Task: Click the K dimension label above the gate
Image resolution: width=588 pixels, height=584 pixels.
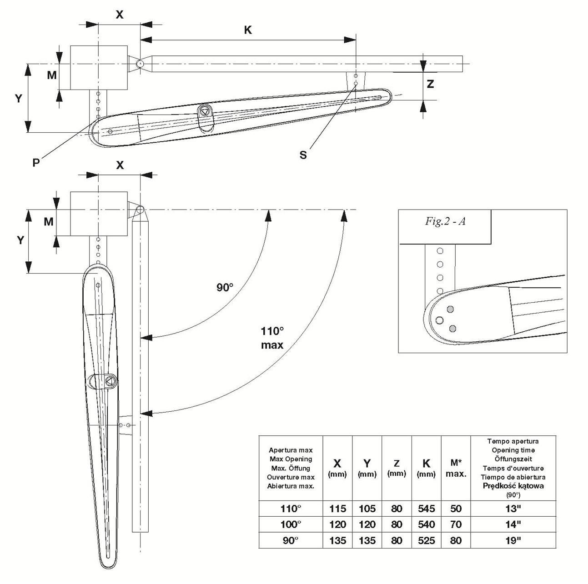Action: coord(248,30)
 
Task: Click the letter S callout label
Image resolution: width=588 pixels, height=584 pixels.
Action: coord(303,155)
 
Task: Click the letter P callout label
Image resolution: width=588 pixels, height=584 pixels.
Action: coord(36,162)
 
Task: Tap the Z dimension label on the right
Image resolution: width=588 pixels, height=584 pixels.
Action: coord(430,84)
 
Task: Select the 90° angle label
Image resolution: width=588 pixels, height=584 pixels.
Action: coord(225,287)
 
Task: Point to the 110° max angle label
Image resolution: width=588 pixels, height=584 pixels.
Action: coord(272,337)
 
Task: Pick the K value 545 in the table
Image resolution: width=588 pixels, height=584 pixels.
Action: coord(426,509)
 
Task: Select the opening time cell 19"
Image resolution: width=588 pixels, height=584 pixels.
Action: coord(513,540)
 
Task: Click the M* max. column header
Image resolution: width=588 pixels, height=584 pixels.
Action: coord(456,468)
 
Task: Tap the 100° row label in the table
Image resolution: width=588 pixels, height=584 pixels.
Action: coord(291,524)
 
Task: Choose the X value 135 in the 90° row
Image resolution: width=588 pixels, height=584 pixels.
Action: coord(337,540)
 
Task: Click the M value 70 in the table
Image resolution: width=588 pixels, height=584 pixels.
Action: coord(456,524)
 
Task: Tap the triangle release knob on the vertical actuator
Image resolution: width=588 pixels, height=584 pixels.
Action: coord(110,381)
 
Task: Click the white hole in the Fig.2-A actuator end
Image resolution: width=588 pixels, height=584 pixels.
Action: coord(439,320)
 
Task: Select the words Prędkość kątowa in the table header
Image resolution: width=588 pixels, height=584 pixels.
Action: coord(513,486)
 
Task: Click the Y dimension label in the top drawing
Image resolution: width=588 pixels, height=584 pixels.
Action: coord(19,98)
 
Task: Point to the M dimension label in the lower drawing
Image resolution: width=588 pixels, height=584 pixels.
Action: coord(49,222)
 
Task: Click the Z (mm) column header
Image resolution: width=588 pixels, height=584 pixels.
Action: coord(397,468)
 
